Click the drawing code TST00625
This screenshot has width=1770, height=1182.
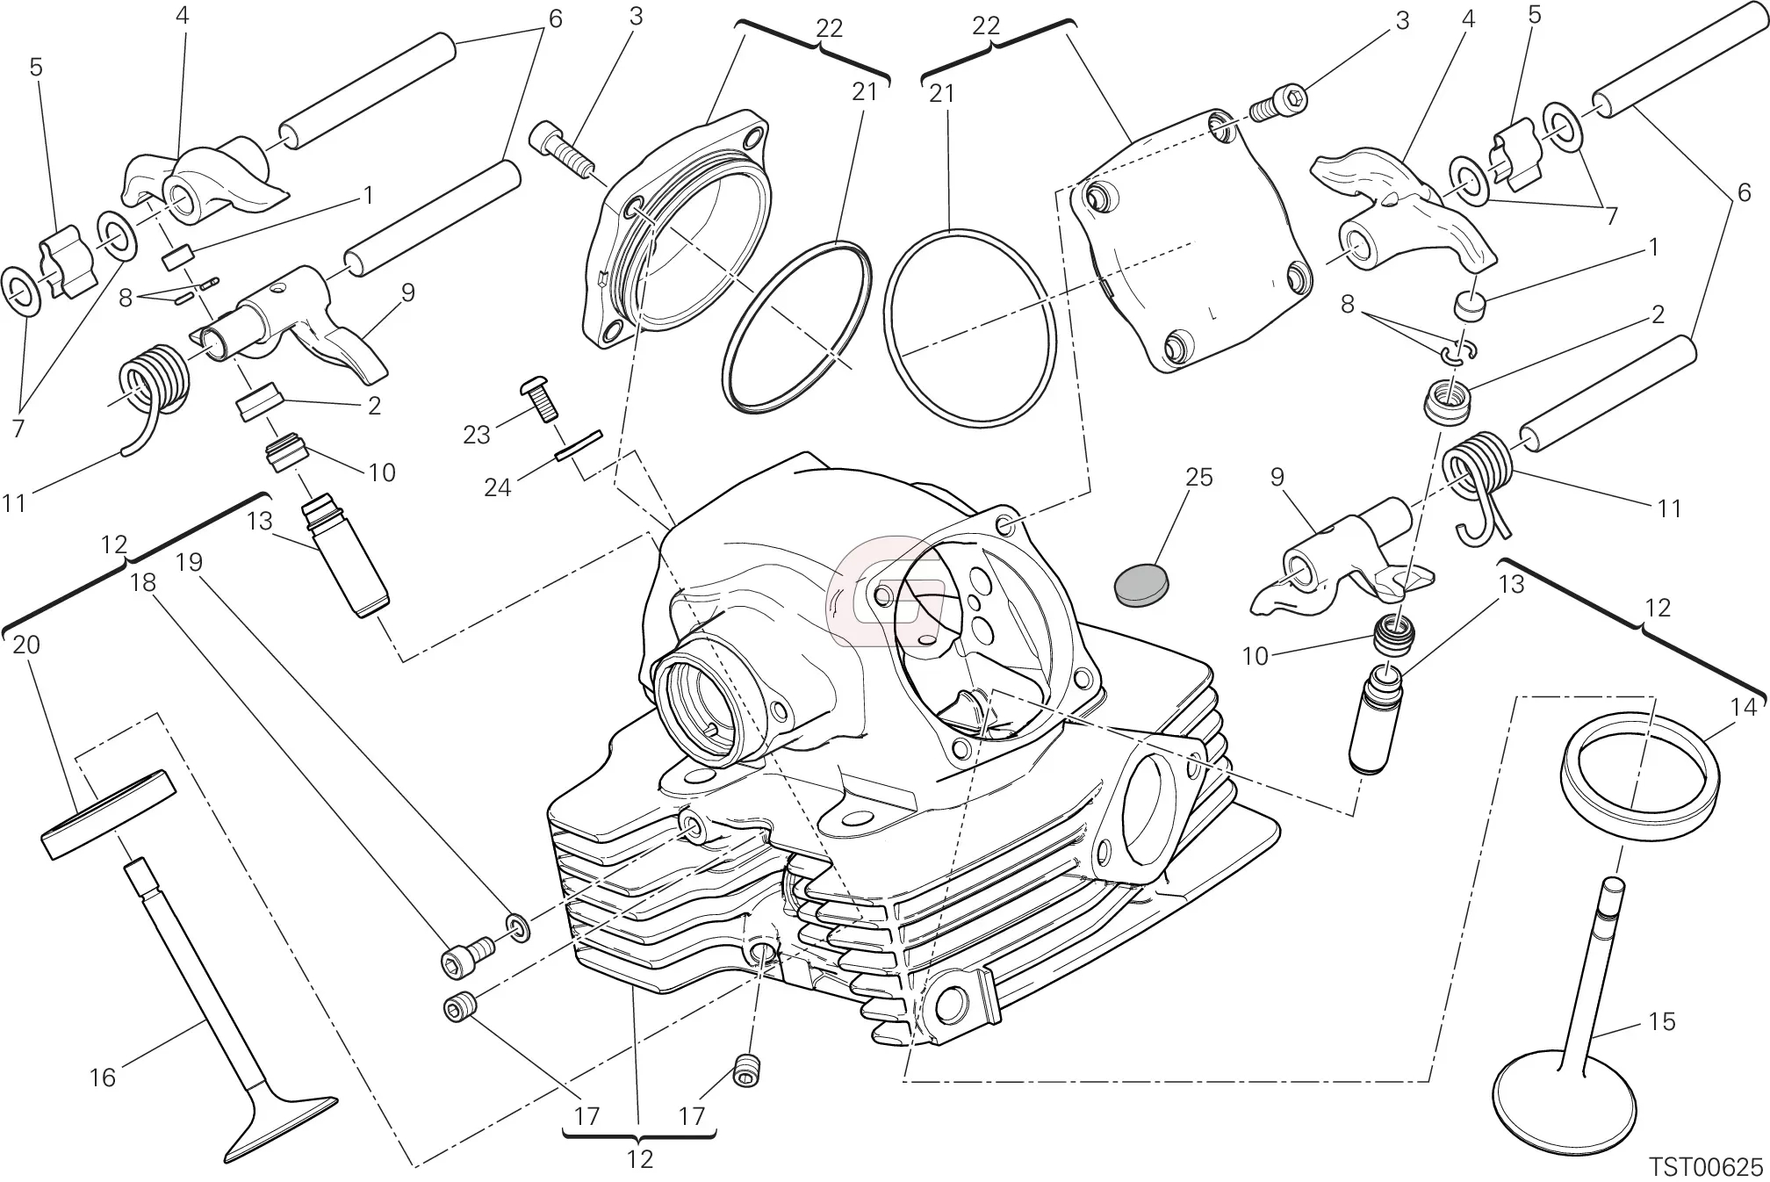click(x=1706, y=1167)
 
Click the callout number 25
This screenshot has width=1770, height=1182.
click(x=1199, y=477)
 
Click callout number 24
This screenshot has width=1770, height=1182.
click(x=498, y=486)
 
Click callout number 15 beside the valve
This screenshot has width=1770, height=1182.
click(x=1662, y=1021)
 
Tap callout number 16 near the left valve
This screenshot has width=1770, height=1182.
click(x=103, y=1077)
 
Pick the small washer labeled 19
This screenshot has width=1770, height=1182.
click(x=517, y=926)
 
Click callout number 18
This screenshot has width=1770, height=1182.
click(x=144, y=582)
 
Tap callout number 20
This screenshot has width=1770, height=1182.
click(x=26, y=645)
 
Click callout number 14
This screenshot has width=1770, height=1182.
click(x=1744, y=707)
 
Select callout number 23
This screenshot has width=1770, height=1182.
click(x=477, y=435)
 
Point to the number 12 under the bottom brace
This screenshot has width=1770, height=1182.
click(x=640, y=1159)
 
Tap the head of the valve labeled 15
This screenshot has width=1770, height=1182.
click(x=1564, y=1098)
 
